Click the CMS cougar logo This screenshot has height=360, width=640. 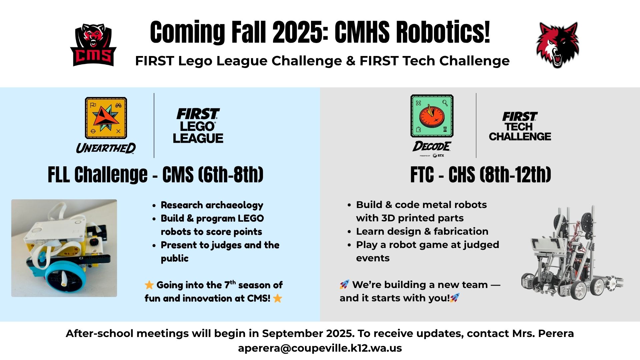93,45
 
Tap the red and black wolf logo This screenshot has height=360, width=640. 557,45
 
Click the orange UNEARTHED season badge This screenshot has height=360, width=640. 106,118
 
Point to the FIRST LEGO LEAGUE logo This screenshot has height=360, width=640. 198,126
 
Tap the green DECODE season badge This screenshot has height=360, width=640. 432,116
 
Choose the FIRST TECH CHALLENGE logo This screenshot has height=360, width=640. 520,126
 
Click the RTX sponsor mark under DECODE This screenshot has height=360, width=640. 438,156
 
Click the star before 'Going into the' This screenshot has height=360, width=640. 149,285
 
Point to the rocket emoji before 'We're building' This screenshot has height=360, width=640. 344,284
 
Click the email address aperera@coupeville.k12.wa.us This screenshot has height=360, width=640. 320,348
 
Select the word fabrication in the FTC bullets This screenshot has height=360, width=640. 461,231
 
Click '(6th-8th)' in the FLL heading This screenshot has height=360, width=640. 231,174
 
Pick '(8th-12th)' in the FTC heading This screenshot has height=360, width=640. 515,174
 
